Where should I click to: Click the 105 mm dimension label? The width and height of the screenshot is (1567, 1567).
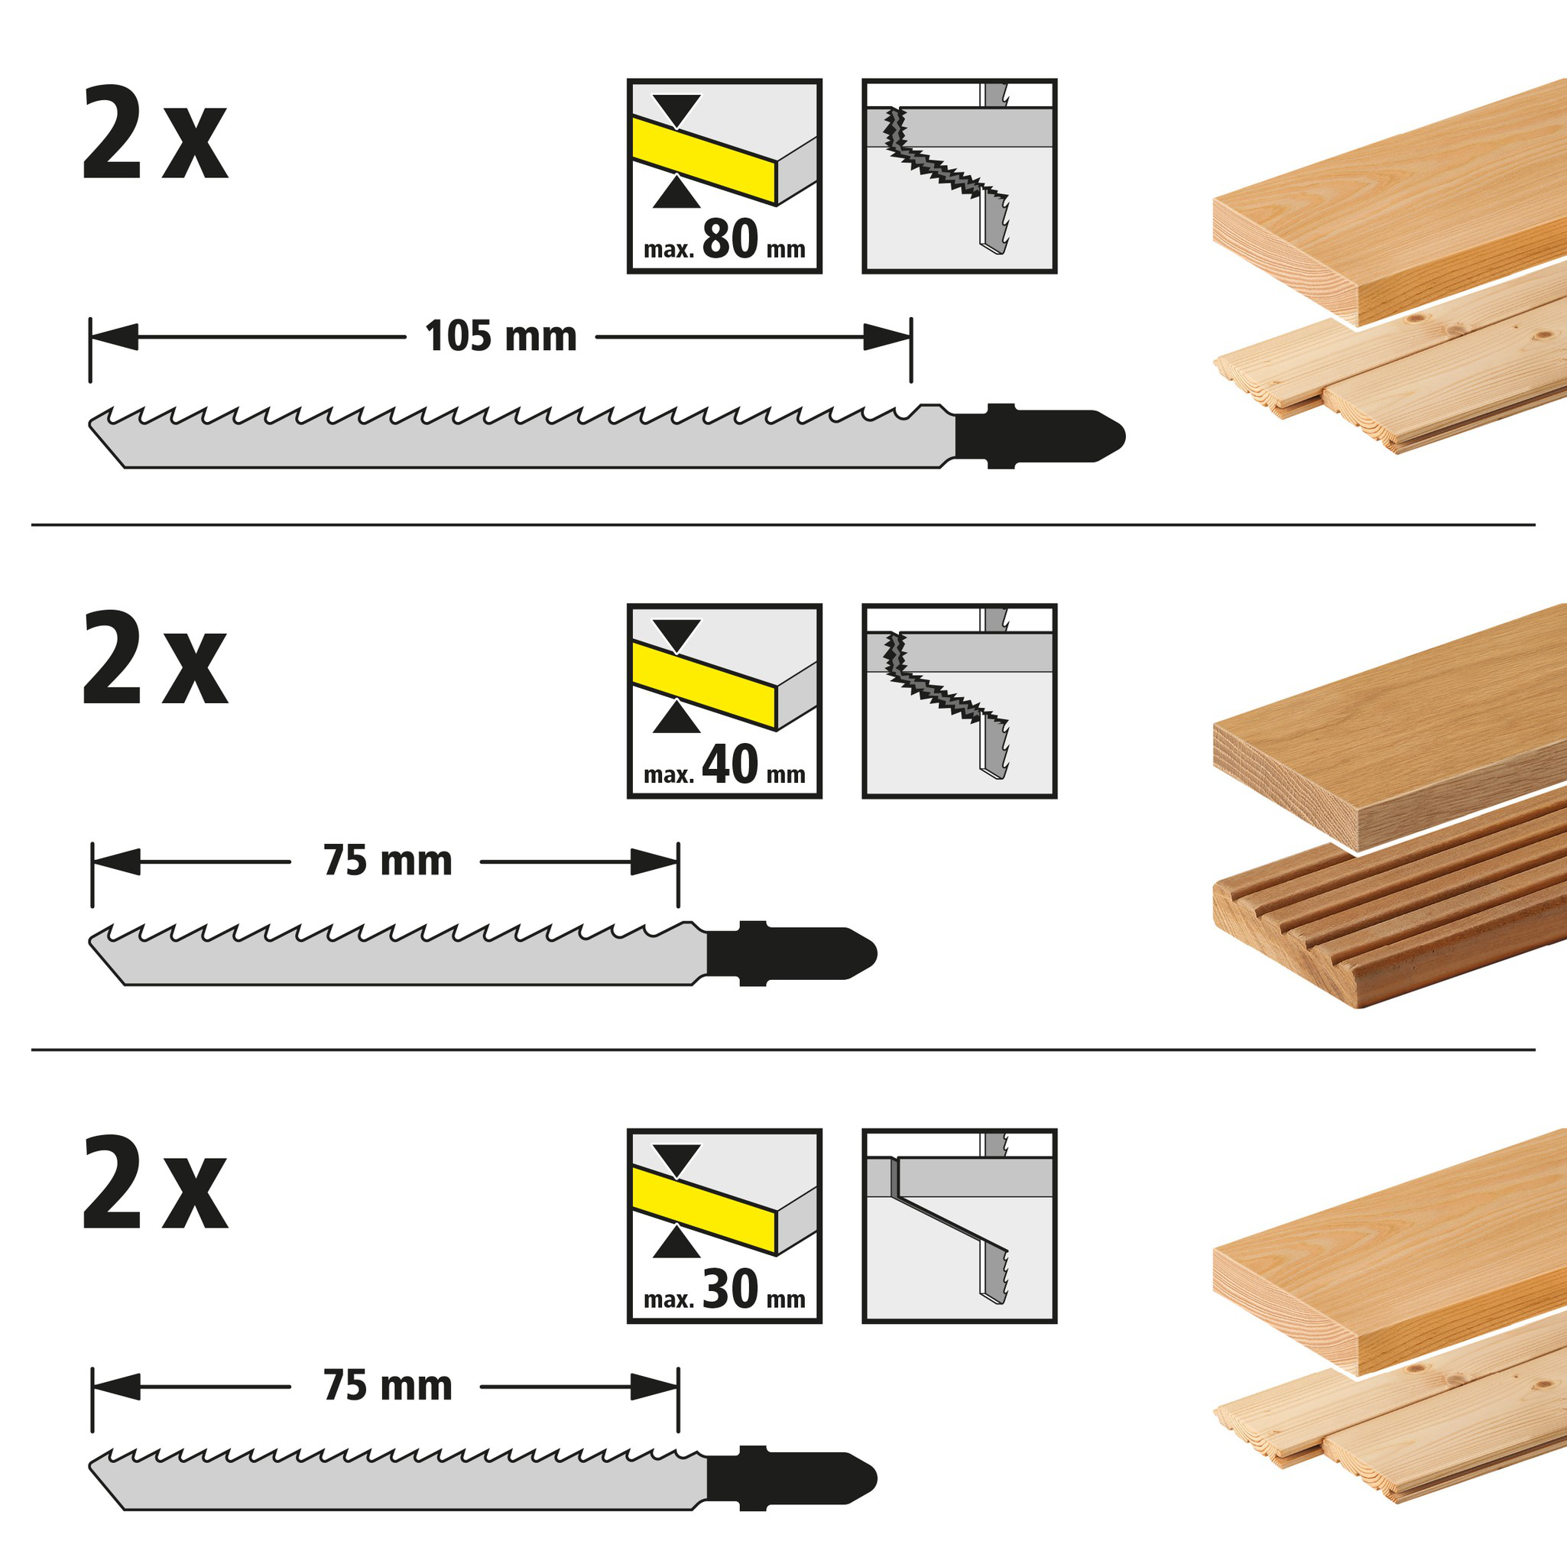point(501,336)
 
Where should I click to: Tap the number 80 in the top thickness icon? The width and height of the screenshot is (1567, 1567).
point(730,239)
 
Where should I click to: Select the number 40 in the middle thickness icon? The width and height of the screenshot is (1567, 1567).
point(730,764)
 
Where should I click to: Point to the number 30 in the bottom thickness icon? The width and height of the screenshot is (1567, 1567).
point(730,1289)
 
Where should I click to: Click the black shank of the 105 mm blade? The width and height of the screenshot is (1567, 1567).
point(1038,436)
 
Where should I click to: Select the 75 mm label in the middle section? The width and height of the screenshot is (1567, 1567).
point(388,861)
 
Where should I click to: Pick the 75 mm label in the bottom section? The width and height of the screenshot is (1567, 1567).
point(388,1385)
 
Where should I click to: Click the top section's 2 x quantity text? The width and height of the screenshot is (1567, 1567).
point(154,134)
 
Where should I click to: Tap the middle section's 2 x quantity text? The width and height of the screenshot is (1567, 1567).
point(154,659)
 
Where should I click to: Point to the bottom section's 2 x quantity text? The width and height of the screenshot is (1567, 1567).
point(154,1183)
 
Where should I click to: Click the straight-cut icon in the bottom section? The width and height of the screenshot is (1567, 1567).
point(959,1225)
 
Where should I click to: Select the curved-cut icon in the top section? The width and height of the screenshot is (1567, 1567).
point(959,176)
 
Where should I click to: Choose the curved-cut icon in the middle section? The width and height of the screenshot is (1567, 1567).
point(959,701)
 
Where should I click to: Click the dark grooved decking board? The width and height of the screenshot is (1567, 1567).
point(1387,917)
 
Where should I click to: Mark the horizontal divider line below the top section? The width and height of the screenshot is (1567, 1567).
point(783,525)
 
